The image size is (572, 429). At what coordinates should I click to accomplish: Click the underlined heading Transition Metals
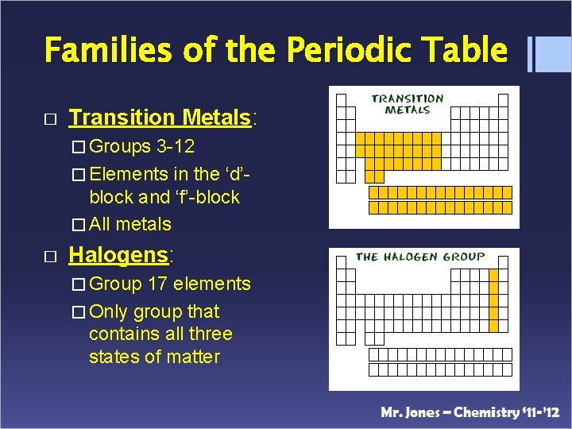point(160,118)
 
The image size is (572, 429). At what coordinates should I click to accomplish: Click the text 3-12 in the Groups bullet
point(176,147)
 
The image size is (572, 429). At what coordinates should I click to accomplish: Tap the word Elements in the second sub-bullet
point(126,174)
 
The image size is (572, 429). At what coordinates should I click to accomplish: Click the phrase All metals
point(130,224)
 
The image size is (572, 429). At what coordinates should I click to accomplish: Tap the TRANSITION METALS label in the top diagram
point(407,104)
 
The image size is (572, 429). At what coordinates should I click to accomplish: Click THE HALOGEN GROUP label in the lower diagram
point(419,257)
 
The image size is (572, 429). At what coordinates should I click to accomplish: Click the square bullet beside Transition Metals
point(50,118)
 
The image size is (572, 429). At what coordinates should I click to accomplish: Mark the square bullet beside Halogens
point(50,255)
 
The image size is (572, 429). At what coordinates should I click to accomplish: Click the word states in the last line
point(114,357)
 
